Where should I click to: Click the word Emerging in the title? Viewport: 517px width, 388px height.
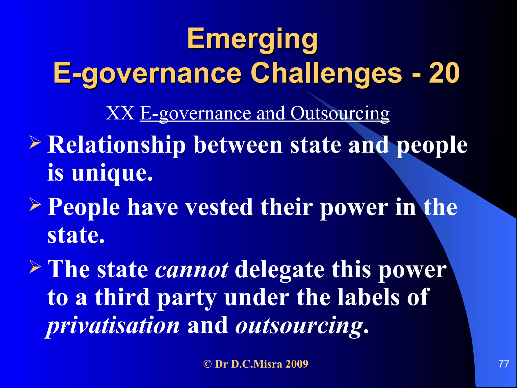pos(252,39)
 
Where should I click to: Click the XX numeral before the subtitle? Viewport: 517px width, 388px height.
pos(120,113)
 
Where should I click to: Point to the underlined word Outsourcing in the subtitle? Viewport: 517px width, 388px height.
pos(340,113)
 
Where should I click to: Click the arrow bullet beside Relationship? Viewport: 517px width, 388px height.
pos(35,142)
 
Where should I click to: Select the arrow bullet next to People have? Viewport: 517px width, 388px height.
pos(35,204)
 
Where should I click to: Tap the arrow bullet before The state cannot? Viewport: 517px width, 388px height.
pos(35,267)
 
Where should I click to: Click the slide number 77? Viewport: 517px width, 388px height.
pos(504,364)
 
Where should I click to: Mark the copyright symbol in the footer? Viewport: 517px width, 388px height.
pos(207,364)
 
